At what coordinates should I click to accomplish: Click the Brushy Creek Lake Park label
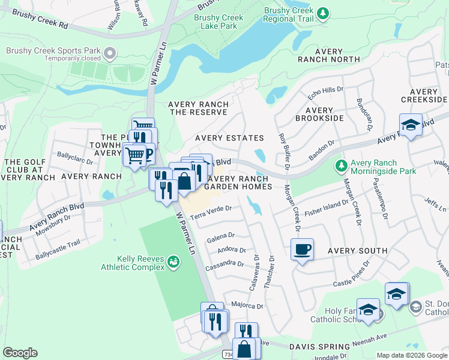click(x=218, y=22)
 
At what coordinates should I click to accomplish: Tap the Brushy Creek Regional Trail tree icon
click(x=323, y=13)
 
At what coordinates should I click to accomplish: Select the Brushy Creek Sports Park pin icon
click(x=109, y=55)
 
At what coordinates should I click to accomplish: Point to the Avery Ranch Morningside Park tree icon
click(x=341, y=164)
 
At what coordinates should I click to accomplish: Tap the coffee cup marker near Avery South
click(x=302, y=248)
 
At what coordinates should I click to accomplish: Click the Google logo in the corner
click(x=20, y=353)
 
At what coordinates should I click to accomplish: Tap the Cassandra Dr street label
click(x=224, y=263)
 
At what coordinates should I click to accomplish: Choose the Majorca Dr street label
click(x=247, y=305)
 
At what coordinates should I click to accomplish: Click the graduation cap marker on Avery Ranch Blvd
click(x=411, y=125)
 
